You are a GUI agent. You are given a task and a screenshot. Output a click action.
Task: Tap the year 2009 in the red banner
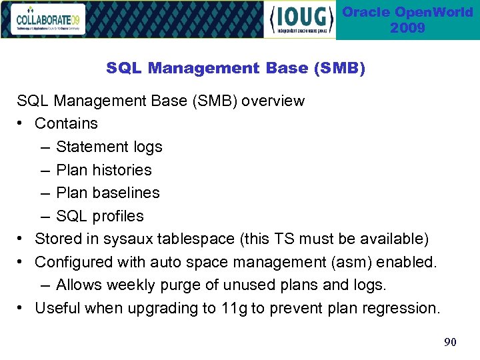(x=407, y=28)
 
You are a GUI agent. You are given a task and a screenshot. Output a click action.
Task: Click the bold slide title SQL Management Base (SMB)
(x=235, y=68)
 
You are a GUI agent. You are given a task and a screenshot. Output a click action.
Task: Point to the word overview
(x=273, y=101)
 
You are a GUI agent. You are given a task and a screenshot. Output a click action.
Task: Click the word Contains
(x=66, y=123)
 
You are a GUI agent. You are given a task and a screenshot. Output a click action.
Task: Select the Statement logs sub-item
(x=109, y=147)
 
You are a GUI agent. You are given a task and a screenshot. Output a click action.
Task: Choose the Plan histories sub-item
(x=103, y=170)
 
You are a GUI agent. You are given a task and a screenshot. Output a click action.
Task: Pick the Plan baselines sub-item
(x=107, y=193)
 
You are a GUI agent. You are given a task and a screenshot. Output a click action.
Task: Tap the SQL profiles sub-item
(x=99, y=216)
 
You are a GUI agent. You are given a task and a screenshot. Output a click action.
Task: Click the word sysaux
(x=126, y=239)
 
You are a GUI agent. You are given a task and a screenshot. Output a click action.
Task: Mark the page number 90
(x=450, y=342)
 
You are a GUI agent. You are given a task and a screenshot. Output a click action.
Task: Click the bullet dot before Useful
(x=22, y=308)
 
